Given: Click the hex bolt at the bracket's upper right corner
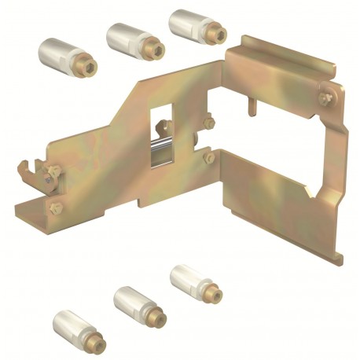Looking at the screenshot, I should [325, 97].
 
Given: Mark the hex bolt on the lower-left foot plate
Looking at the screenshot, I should [55, 208].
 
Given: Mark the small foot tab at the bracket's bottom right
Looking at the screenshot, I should [339, 255].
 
